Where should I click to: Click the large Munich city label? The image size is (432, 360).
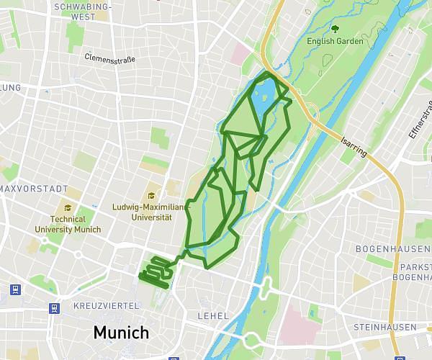121,333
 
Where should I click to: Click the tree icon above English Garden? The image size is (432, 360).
335,29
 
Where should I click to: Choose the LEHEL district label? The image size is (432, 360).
212,316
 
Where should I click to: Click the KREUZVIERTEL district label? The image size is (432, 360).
106,306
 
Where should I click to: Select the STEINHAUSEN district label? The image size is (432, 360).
384,327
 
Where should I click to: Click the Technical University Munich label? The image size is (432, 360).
68,224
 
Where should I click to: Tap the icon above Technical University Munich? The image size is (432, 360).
68,207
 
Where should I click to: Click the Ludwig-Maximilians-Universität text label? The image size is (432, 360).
151,212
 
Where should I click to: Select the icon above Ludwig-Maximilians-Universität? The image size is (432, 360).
151,195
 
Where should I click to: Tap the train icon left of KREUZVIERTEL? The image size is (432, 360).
54,308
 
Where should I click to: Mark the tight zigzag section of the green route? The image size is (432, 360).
156,274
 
